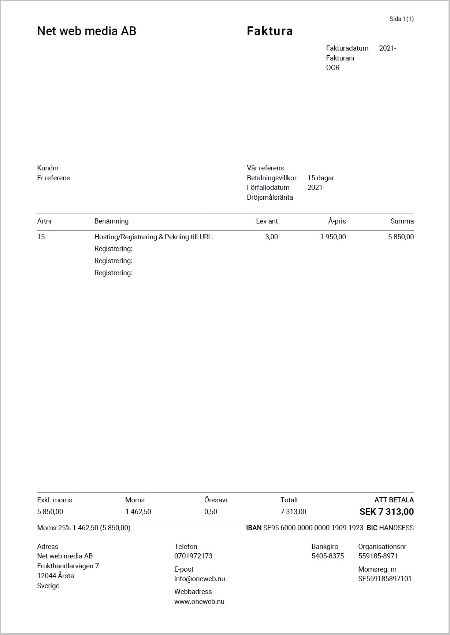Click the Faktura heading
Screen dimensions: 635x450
click(269, 31)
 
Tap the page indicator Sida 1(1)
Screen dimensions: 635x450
click(401, 19)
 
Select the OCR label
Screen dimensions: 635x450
click(333, 68)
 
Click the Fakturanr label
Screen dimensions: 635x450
click(341, 58)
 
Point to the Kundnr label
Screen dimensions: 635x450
click(48, 168)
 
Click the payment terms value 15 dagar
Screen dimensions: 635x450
click(320, 178)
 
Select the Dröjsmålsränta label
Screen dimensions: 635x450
click(270, 197)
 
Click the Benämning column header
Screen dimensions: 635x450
click(111, 221)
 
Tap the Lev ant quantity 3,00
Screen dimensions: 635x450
click(271, 237)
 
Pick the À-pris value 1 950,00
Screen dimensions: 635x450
click(333, 237)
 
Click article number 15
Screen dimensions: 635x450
click(41, 237)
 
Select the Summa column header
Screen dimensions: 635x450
click(402, 221)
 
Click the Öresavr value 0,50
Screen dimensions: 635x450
click(211, 512)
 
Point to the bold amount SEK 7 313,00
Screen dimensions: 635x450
click(386, 512)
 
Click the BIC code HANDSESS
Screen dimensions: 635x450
click(396, 528)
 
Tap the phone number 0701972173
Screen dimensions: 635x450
click(193, 556)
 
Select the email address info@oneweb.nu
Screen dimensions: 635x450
click(200, 579)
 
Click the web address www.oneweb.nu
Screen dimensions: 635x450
click(199, 602)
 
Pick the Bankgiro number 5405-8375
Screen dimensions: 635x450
click(328, 556)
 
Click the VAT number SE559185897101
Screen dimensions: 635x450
click(385, 579)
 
